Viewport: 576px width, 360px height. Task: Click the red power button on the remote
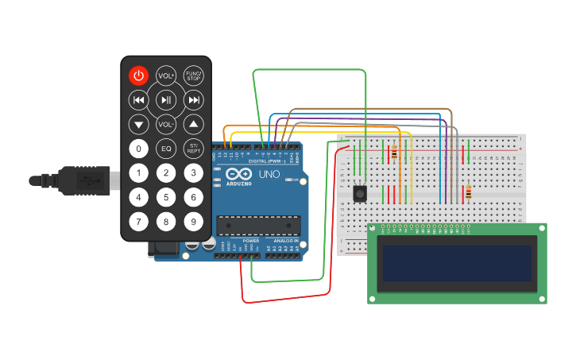click(139, 75)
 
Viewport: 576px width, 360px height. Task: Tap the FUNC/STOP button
click(193, 75)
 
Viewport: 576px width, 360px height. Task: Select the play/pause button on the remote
click(166, 100)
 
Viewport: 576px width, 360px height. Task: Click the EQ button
click(166, 149)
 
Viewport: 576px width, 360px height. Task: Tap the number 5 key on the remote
click(166, 198)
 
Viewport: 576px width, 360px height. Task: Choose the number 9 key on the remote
click(193, 223)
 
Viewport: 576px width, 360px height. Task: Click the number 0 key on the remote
click(139, 149)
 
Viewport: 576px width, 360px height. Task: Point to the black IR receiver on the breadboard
click(361, 193)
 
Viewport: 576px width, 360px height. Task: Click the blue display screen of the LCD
click(457, 263)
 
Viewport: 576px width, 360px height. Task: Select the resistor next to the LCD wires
click(468, 192)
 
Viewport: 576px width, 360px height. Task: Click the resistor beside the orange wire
click(394, 153)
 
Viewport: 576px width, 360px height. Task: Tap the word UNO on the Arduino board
click(270, 173)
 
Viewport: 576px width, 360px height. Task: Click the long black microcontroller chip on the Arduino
click(259, 226)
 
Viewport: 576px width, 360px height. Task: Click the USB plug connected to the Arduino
click(79, 180)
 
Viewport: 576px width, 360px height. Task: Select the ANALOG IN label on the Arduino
click(285, 240)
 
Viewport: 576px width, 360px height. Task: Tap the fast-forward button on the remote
click(193, 100)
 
